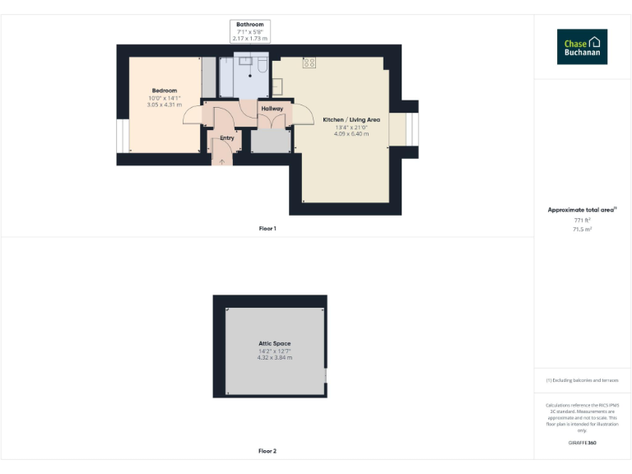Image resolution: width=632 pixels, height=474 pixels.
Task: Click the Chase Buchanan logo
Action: click(x=582, y=47)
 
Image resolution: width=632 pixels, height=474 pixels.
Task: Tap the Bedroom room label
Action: click(x=164, y=91)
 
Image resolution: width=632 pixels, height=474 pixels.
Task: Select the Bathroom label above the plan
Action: click(x=250, y=25)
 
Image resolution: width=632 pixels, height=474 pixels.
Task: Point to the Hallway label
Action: click(x=272, y=109)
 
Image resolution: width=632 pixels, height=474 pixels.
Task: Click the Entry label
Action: click(x=227, y=138)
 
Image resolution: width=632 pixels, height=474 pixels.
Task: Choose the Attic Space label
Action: click(x=275, y=343)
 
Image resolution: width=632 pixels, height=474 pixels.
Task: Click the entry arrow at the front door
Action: click(x=221, y=160)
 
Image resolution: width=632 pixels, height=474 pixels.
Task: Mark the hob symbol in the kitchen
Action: click(x=309, y=63)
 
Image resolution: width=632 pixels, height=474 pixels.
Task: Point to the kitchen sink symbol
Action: click(x=277, y=85)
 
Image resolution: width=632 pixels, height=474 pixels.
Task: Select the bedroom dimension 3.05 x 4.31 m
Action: click(x=164, y=105)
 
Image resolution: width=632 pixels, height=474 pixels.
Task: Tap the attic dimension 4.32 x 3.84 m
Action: click(x=275, y=357)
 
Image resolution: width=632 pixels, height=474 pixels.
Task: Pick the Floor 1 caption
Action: click(x=267, y=228)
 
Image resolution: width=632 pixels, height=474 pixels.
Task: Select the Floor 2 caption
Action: click(x=267, y=451)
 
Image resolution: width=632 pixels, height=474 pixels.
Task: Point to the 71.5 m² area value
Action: click(x=583, y=230)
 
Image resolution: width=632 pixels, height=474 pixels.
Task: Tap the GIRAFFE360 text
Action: click(x=582, y=444)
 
